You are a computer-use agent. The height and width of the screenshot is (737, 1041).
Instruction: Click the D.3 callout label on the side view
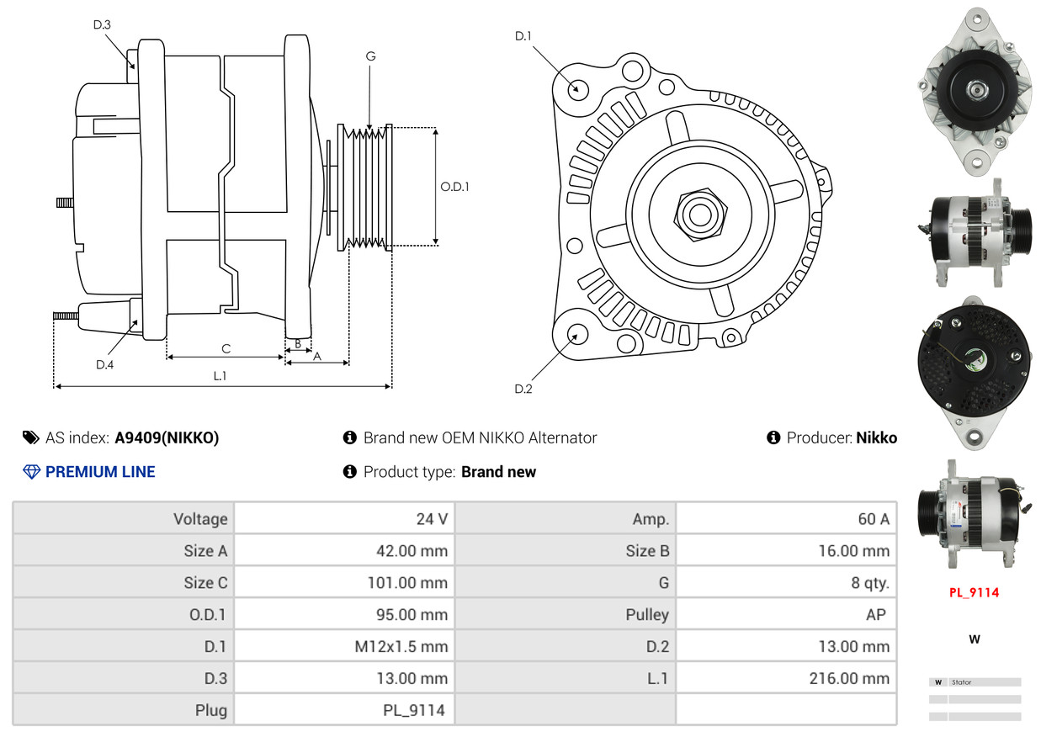pos(102,24)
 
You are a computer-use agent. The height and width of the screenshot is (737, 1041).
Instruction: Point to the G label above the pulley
pos(370,56)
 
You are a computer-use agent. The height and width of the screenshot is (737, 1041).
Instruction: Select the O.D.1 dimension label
pos(454,187)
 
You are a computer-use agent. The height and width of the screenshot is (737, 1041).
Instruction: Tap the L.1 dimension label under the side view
pos(220,375)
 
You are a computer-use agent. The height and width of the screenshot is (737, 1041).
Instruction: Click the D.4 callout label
pos(104,365)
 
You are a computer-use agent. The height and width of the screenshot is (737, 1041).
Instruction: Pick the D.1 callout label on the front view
pos(523,36)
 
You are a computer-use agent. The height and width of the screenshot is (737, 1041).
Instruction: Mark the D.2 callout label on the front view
pos(523,389)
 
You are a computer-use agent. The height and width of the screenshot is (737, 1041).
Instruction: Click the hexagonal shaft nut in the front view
pos(700,215)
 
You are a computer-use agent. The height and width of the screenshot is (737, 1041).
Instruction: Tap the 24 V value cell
pos(432,518)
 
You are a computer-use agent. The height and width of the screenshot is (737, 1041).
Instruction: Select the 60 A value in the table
pos(874,518)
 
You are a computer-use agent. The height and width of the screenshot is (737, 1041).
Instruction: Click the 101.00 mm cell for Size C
pos(407,583)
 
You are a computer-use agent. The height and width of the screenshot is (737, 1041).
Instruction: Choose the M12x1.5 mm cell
pos(401,646)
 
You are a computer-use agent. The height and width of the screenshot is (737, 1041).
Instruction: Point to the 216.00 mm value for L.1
pos(849,678)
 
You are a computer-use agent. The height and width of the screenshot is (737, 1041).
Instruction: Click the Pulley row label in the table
pos(647,615)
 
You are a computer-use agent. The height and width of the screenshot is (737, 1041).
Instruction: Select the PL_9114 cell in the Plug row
pos(414,710)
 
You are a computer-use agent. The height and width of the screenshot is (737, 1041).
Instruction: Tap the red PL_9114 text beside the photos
pos(974,592)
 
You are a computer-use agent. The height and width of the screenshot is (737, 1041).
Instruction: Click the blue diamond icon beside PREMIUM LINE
pos(32,472)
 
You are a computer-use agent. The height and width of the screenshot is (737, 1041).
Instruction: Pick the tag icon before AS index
pos(31,437)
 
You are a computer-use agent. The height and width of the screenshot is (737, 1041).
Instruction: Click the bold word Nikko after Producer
pos(877,437)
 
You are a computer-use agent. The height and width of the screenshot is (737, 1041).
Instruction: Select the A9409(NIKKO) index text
pos(167,437)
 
